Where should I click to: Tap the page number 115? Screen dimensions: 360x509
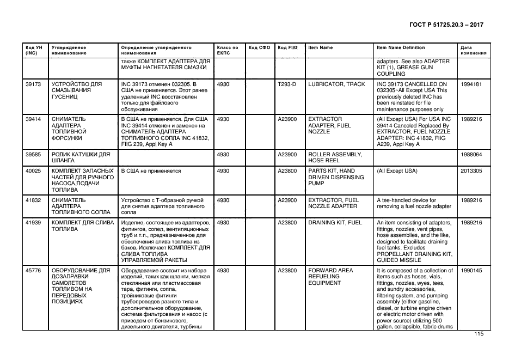click(x=479, y=334)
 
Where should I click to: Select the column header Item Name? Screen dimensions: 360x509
click(x=320, y=48)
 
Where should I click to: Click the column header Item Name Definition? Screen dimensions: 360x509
click(x=401, y=48)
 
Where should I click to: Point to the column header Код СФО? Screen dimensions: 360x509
click(x=259, y=48)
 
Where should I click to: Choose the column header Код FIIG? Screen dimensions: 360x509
click(x=287, y=48)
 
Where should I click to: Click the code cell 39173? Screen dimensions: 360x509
click(x=33, y=84)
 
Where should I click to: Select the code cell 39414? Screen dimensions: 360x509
click(x=33, y=119)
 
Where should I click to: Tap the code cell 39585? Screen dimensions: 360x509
click(x=33, y=155)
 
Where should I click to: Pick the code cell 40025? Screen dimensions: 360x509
click(x=33, y=171)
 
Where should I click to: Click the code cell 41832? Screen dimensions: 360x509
click(x=33, y=200)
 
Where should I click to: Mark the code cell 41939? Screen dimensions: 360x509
click(x=33, y=223)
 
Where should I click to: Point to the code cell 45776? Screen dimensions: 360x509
click(x=33, y=271)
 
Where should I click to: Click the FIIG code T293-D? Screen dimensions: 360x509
click(x=287, y=84)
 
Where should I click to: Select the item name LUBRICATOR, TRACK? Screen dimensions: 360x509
click(x=336, y=84)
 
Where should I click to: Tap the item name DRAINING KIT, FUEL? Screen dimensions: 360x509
click(x=335, y=223)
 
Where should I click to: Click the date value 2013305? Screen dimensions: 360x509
click(x=471, y=171)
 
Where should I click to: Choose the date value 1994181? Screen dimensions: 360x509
click(x=471, y=84)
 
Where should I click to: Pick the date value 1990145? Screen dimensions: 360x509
click(x=471, y=271)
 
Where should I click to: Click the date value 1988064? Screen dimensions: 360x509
click(x=471, y=155)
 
